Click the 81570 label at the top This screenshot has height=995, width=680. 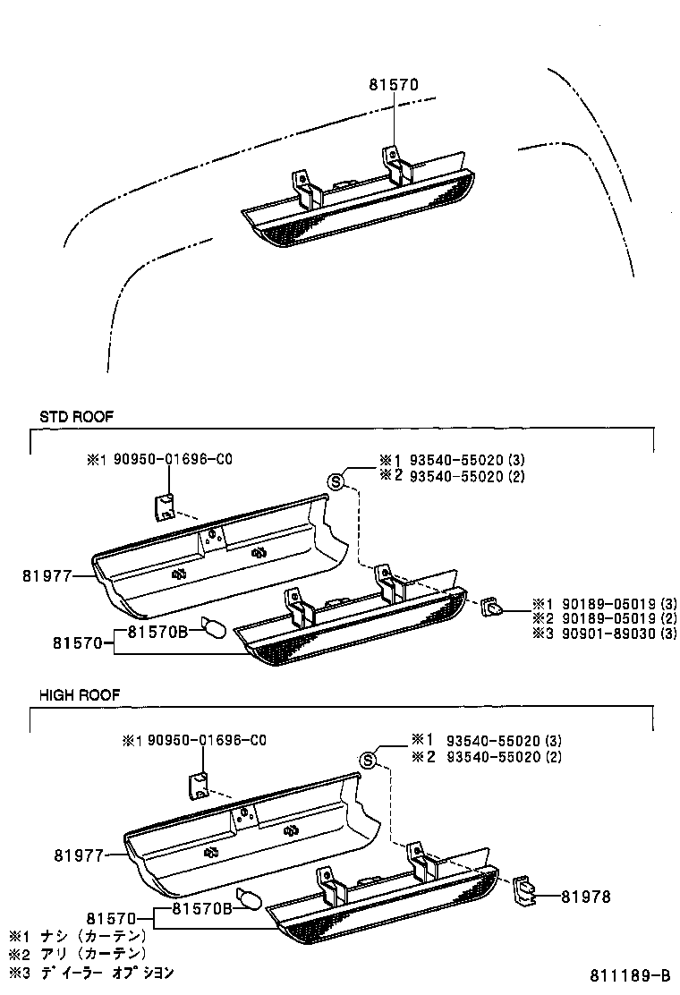click(x=394, y=86)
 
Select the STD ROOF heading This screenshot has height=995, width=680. click(x=76, y=416)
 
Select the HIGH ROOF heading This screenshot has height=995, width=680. click(x=79, y=694)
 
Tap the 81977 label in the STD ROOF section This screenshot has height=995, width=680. click(x=46, y=577)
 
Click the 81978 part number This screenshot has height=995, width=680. click(x=587, y=896)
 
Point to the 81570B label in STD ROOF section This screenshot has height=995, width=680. click(x=157, y=632)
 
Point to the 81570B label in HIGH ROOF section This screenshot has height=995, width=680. click(x=202, y=909)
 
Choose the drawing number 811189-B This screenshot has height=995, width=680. click(x=629, y=975)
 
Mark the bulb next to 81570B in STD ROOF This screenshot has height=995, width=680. click(x=213, y=627)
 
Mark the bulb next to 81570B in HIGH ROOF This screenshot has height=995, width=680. click(x=247, y=897)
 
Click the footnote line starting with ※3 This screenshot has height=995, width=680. click(x=90, y=972)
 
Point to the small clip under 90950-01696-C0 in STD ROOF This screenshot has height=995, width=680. click(x=165, y=506)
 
